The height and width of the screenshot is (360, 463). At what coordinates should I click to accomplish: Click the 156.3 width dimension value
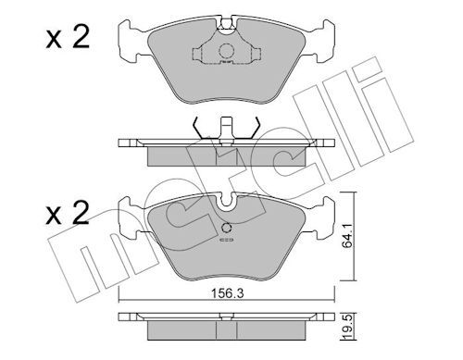[x=227, y=293]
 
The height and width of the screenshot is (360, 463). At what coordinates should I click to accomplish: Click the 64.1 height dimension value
[x=347, y=237]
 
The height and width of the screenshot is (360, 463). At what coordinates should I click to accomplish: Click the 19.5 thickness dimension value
[x=346, y=328]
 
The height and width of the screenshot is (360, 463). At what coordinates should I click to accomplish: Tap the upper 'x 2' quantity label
[x=68, y=37]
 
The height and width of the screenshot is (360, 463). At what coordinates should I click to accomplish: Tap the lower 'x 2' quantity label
[x=68, y=213]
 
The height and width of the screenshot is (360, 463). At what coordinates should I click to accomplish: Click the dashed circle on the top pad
[x=226, y=51]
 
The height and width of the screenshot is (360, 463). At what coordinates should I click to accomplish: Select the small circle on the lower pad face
[x=227, y=228]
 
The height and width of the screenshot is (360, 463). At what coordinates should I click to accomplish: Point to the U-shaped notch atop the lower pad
[x=227, y=202]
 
